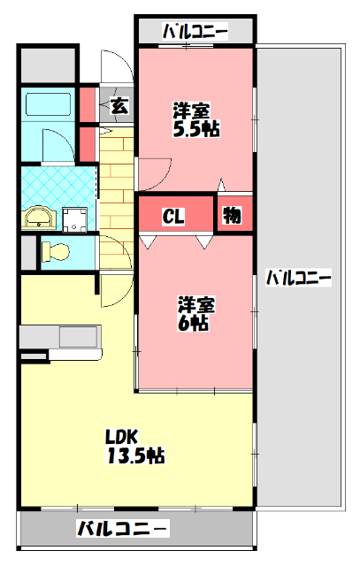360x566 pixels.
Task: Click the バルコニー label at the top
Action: pos(195,33)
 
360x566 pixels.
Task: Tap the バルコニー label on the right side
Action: pos(299,278)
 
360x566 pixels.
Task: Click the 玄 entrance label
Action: pos(119,106)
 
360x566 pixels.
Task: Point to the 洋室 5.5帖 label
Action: pos(195,119)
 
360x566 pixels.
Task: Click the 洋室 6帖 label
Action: pos(195,313)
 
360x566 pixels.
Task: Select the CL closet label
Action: pos(173,216)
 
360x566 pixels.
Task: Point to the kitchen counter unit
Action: pos(61,337)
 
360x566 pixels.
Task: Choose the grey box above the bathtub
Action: pos(48,65)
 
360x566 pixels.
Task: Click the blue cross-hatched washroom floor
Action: pos(53,186)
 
